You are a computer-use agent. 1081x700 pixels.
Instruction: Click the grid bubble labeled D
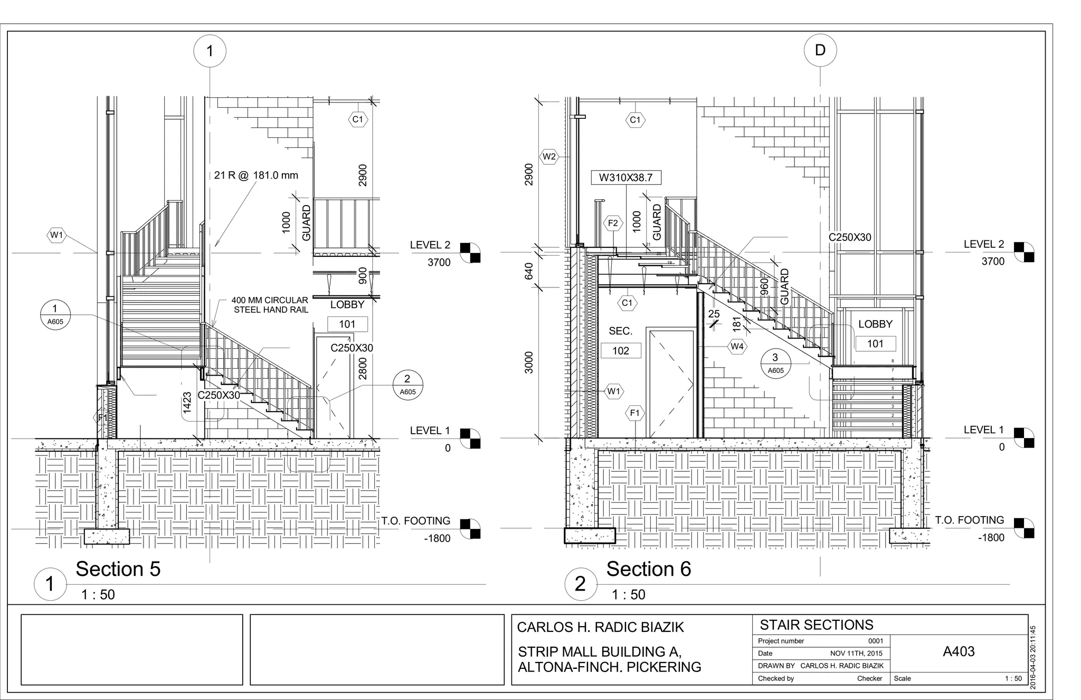(820, 51)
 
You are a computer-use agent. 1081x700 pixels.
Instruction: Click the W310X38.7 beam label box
(625, 178)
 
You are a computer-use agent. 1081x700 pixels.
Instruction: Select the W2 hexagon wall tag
(549, 156)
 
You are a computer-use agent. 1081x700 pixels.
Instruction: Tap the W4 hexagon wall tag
(736, 347)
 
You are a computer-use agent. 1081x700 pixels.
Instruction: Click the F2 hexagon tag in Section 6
(612, 223)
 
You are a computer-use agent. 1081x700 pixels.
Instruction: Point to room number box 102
(620, 351)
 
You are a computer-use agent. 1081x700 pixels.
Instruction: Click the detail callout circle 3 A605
(775, 363)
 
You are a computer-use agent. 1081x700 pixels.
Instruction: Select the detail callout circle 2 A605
(407, 385)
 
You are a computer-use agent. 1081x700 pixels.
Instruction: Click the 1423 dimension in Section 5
(187, 403)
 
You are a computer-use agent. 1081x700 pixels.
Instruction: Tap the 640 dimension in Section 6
(529, 271)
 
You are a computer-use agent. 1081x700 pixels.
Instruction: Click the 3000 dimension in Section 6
(529, 362)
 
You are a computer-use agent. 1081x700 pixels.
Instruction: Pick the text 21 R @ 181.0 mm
(256, 175)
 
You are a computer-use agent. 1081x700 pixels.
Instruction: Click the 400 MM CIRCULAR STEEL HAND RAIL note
(270, 305)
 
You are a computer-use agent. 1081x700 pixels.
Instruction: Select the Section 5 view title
(118, 569)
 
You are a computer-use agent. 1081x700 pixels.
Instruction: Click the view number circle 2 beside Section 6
(580, 584)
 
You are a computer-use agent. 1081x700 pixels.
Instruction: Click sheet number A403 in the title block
(959, 651)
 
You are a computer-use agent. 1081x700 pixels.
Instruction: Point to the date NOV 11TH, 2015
(856, 654)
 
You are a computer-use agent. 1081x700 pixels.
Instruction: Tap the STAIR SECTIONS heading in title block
(816, 625)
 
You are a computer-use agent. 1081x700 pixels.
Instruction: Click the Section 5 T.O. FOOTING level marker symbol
(470, 529)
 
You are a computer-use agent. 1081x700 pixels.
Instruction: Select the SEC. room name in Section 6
(620, 331)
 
